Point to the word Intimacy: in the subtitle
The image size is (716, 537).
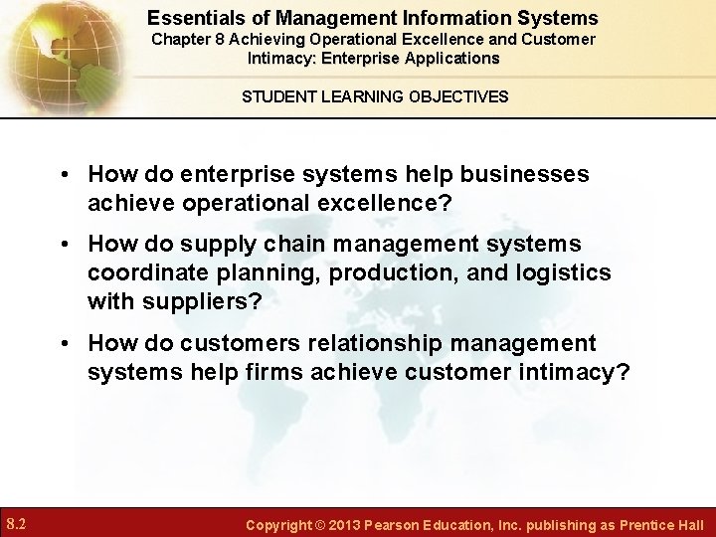(281, 58)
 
